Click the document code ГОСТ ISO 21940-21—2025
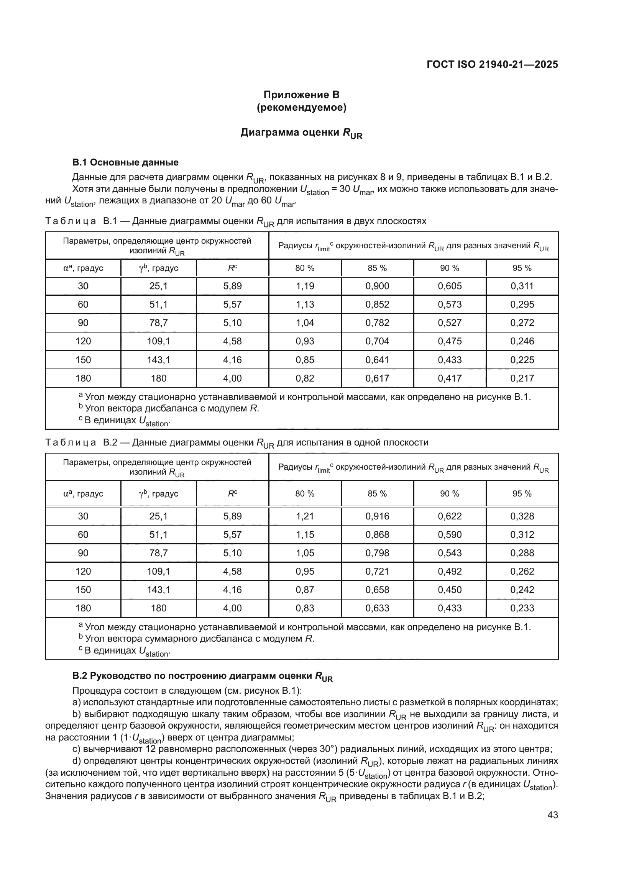point(492,64)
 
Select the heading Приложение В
point(301,95)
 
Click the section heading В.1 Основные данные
point(125,162)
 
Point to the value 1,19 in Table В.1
point(305,286)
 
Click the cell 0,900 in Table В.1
point(377,286)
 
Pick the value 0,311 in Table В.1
point(522,286)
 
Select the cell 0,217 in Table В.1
point(522,378)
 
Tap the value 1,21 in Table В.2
point(305,516)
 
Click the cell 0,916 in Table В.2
point(377,516)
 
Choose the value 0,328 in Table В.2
point(522,516)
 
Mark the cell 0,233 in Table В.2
point(522,608)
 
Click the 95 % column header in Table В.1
point(522,268)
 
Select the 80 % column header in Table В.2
point(305,494)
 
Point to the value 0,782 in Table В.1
point(377,323)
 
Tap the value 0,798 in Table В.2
point(377,553)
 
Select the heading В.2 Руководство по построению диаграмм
point(202,676)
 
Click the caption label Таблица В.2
point(81,442)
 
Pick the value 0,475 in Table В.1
point(450,341)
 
